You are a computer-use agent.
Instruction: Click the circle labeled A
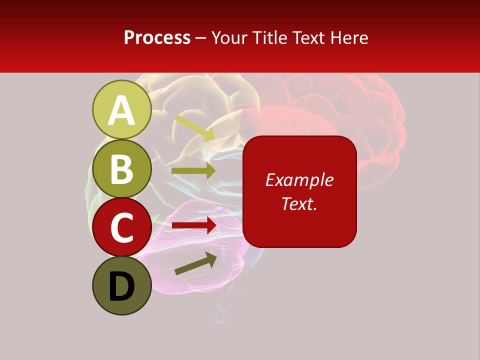122,110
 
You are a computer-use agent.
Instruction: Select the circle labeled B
122,169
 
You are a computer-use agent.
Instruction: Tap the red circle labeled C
122,227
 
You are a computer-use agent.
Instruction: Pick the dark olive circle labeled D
122,286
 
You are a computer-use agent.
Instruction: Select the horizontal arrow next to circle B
193,170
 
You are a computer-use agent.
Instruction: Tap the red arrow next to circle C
194,225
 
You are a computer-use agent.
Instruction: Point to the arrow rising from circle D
195,263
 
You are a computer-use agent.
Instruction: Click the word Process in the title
157,37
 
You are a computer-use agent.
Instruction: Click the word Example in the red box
299,180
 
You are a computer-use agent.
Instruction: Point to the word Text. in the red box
299,203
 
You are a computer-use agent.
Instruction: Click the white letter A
122,110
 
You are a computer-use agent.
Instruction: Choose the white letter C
122,228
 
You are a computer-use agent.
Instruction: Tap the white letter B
122,169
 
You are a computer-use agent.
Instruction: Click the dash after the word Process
201,38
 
